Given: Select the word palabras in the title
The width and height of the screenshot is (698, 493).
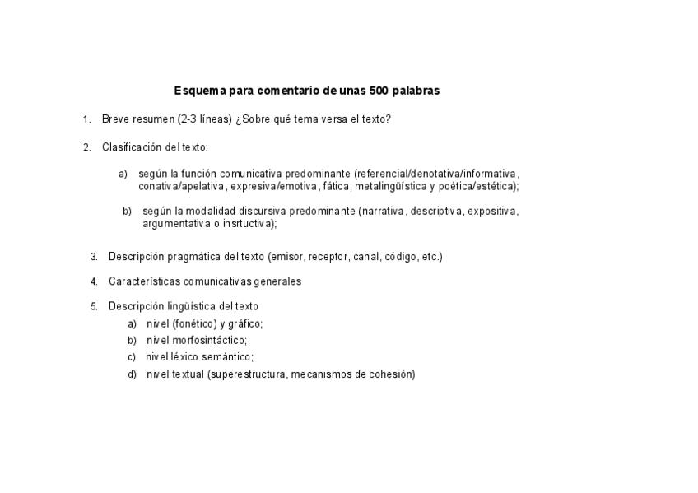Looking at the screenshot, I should coord(416,91).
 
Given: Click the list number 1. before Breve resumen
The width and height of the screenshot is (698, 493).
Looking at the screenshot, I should coord(86,119).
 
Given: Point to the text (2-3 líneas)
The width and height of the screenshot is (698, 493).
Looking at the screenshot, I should coord(204,119).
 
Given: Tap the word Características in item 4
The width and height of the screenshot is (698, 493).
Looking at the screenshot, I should coord(142,281).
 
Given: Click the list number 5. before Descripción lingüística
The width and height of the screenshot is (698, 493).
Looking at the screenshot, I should coord(94,306).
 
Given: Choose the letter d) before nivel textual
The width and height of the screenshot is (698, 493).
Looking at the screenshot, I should coord(133,374).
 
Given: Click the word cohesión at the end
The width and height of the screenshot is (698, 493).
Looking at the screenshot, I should coord(392,374).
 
